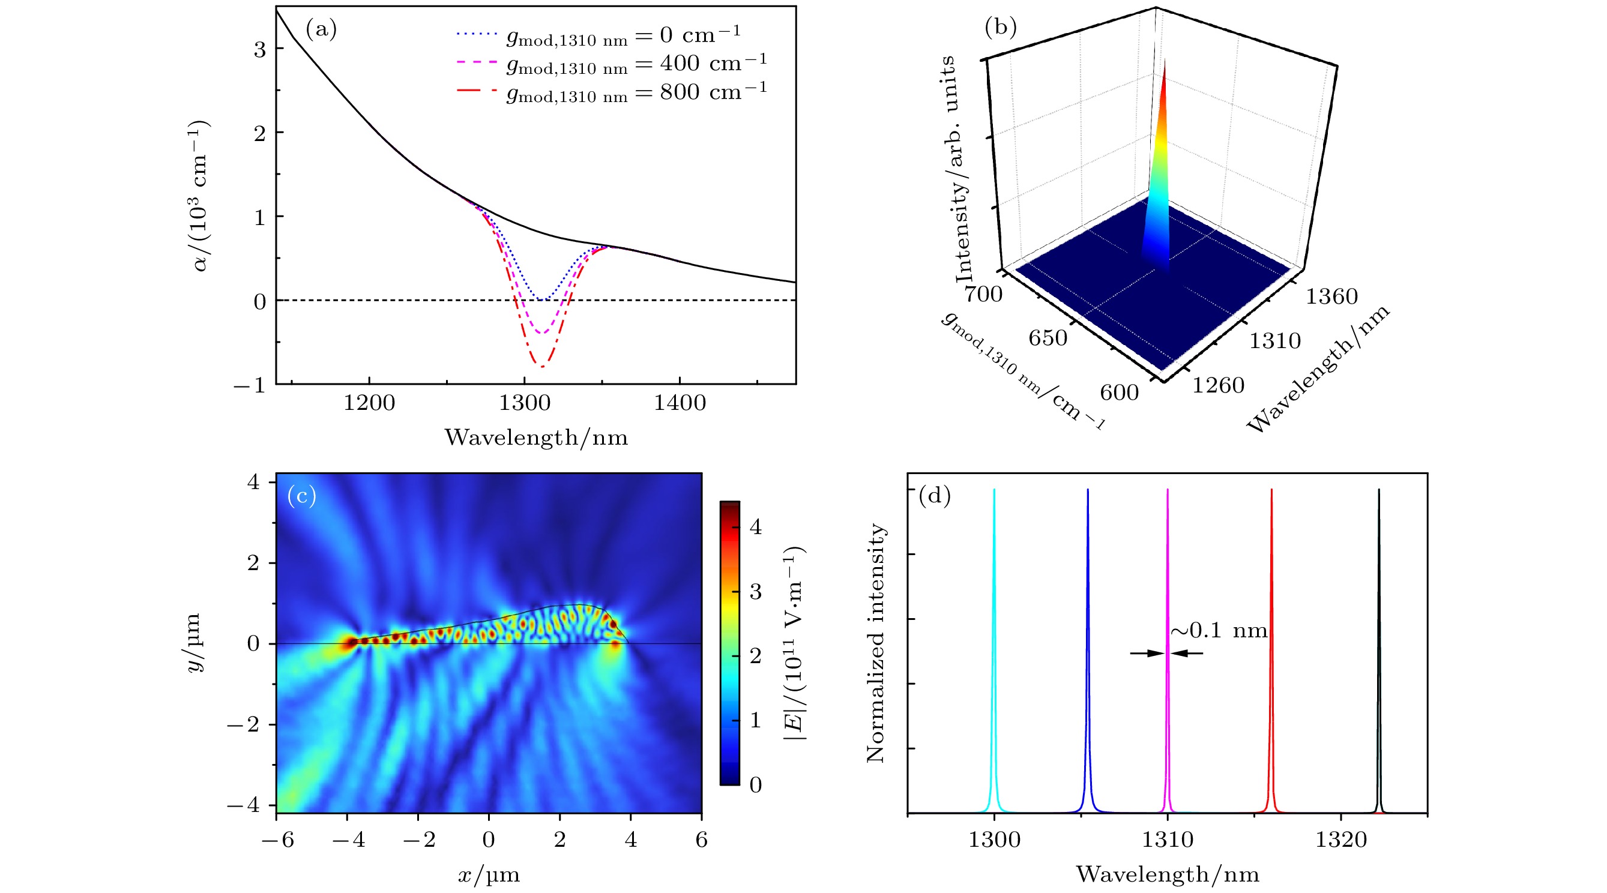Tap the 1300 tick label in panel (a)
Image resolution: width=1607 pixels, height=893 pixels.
524,403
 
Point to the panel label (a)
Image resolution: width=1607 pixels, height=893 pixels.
321,29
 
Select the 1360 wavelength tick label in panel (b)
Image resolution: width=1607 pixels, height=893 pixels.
1331,296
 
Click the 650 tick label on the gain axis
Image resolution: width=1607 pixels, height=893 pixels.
1048,337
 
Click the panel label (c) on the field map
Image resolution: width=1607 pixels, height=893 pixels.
302,496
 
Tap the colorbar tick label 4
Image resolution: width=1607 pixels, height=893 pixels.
755,527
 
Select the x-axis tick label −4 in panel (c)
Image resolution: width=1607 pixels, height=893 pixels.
348,840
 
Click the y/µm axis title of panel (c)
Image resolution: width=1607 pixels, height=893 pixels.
194,642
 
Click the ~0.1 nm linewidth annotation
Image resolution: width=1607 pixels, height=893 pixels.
1219,631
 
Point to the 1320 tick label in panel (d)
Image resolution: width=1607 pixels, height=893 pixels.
1340,840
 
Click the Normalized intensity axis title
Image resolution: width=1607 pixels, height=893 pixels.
876,642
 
